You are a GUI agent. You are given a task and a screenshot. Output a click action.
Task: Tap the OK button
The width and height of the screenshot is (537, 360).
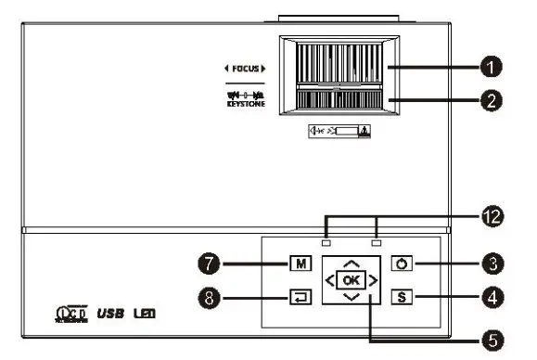coord(349,278)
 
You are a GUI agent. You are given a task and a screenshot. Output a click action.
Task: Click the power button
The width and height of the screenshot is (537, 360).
coord(403,264)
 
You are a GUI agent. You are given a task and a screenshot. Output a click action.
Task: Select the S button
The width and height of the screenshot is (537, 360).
coord(403,297)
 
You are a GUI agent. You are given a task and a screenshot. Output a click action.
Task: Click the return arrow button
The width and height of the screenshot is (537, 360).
coord(300,298)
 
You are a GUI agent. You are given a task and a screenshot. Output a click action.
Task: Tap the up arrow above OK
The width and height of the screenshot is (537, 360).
coord(349,260)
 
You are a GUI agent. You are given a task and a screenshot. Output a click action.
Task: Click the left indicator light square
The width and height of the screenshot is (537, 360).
coord(325,244)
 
